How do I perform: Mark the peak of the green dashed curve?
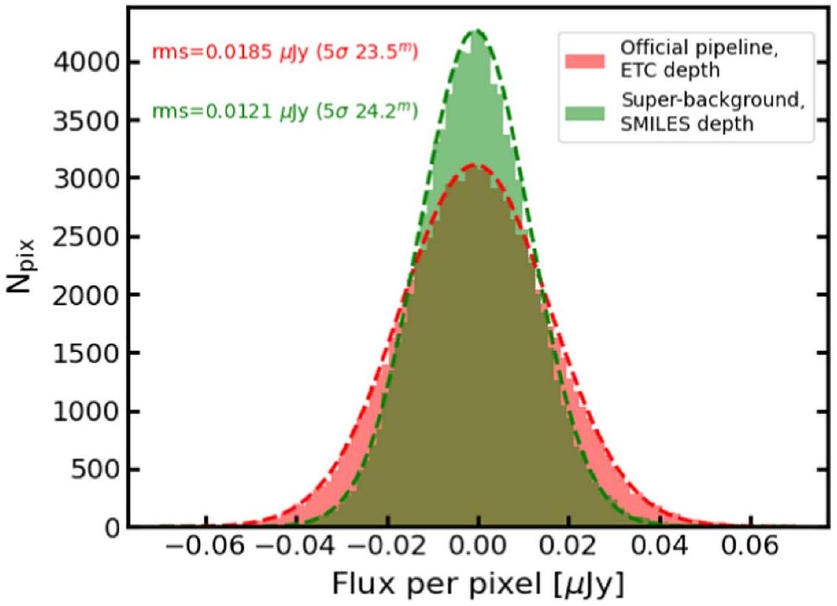(x=477, y=31)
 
